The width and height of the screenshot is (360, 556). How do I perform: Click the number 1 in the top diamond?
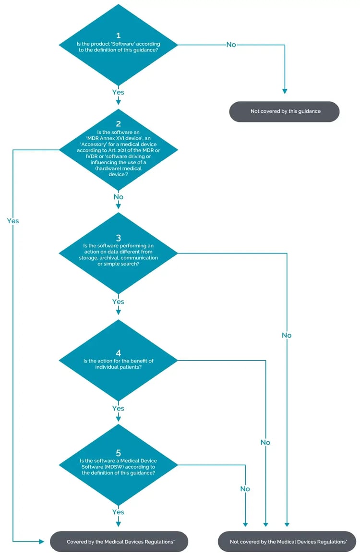tap(118, 36)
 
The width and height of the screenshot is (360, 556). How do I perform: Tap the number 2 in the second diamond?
tap(118, 123)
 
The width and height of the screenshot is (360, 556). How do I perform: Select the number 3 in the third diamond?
tap(118, 238)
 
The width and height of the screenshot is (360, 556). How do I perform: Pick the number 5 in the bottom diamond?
tap(118, 453)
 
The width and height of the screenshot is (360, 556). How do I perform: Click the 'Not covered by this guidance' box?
tap(285, 111)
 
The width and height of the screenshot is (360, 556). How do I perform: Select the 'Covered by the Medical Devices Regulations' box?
tap(120, 542)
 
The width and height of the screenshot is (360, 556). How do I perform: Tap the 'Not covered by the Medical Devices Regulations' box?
tap(288, 542)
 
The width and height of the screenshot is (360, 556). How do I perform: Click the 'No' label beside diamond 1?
tap(231, 44)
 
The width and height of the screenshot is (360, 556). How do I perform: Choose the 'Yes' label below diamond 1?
tap(118, 92)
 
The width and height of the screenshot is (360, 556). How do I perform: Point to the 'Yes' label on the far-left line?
tap(13, 221)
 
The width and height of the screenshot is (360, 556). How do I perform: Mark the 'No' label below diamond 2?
tap(118, 197)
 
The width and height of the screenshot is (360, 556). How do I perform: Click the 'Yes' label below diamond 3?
tap(118, 302)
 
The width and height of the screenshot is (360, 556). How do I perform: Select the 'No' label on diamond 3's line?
tap(287, 335)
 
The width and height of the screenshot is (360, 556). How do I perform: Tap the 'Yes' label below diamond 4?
tap(118, 408)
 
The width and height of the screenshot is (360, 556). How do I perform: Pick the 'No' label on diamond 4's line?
tap(265, 442)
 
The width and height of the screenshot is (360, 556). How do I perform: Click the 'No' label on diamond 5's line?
tap(245, 489)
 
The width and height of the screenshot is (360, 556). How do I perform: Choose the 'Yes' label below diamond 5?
tap(118, 512)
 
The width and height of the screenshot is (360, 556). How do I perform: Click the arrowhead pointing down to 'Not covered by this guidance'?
tap(285, 91)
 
